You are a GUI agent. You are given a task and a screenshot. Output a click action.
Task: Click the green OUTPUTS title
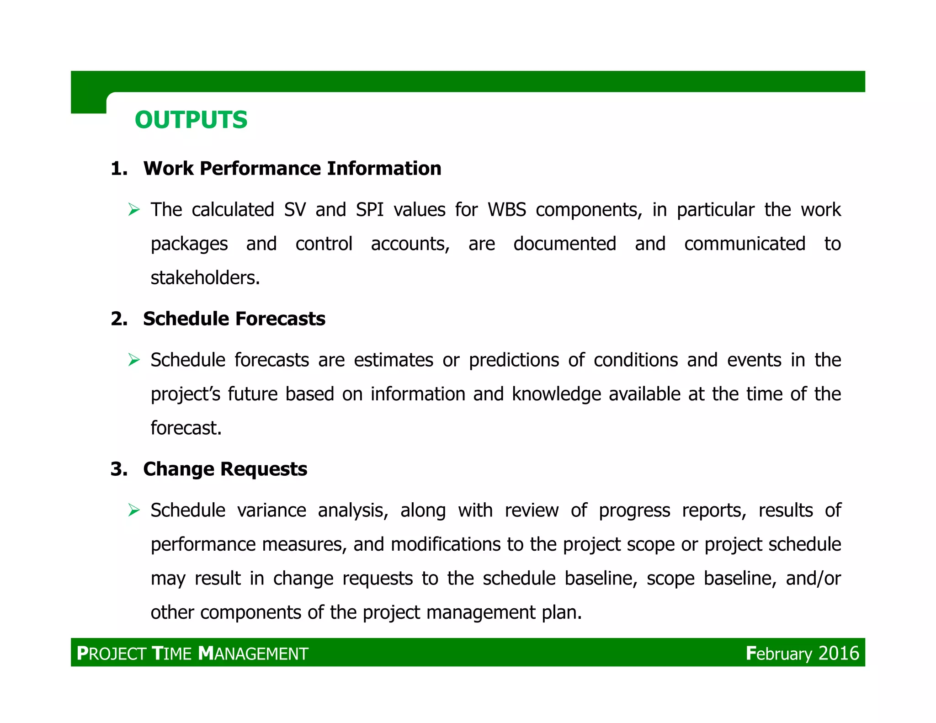point(191,120)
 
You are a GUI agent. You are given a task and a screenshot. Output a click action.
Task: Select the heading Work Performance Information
point(292,169)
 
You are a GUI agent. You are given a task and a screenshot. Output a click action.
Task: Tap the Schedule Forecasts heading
point(234,319)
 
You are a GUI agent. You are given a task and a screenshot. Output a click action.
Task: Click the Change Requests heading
point(225,469)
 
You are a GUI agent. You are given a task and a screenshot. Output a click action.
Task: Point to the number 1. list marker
point(119,169)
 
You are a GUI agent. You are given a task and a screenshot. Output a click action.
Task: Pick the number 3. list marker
point(119,470)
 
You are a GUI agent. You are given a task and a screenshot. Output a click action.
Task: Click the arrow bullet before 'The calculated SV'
point(134,210)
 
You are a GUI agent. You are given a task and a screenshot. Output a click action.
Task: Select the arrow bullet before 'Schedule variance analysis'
point(134,510)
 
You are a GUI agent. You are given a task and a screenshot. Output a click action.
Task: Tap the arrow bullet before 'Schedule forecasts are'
point(134,360)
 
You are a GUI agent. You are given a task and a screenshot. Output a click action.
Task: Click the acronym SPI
point(370,210)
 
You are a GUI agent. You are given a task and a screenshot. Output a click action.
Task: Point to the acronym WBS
point(507,210)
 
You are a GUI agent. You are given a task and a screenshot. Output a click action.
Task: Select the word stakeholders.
point(205,278)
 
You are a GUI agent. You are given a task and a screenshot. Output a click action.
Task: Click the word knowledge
point(556,394)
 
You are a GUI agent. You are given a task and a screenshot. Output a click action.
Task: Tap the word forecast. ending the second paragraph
point(186,428)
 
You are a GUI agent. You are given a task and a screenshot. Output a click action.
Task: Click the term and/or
point(813,579)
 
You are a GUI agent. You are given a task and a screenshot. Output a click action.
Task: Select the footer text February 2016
point(802,654)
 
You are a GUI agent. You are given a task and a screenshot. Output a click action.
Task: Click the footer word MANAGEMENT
point(254,654)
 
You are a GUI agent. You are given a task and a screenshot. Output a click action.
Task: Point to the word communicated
point(745,244)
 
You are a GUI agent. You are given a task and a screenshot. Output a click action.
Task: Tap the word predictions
point(514,360)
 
